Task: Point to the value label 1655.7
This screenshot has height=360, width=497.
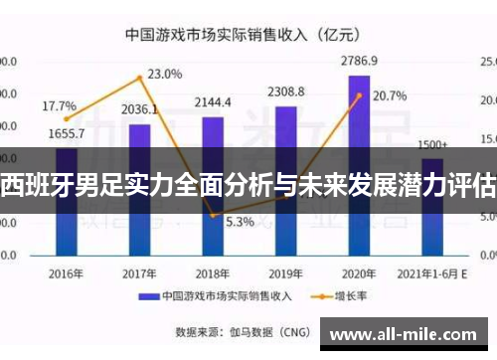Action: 66,133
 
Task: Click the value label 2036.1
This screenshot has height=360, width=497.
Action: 139,109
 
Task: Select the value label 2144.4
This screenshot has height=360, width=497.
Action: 213,101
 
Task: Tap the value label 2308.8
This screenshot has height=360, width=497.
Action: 286,91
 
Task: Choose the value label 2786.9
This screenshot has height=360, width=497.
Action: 360,61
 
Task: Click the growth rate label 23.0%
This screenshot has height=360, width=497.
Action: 164,74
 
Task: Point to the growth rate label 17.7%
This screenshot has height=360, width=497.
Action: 59,105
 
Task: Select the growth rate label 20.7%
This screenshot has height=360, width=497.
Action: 389,96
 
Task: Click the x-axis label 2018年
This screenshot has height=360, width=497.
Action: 213,271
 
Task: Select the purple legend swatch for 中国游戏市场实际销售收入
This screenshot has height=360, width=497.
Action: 149,296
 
